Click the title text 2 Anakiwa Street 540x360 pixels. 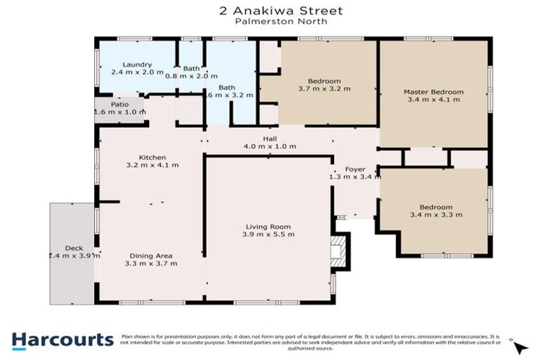coord(270,11)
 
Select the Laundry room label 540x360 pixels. coord(136,64)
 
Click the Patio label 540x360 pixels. coord(120,104)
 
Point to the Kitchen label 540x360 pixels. coord(152,157)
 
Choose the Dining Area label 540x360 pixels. coord(151,255)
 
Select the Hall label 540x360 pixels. coord(270,138)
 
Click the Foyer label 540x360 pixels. coord(354,169)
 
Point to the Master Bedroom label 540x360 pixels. coord(433,91)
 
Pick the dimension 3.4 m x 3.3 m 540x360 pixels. coord(436,214)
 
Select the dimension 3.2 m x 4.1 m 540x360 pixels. coord(152,165)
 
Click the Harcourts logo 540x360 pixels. coord(62,340)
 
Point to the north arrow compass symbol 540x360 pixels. coord(519,347)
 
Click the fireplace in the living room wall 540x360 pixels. coord(339,251)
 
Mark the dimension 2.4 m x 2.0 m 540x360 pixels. coord(136,72)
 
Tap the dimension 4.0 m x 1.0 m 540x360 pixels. coord(270,146)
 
